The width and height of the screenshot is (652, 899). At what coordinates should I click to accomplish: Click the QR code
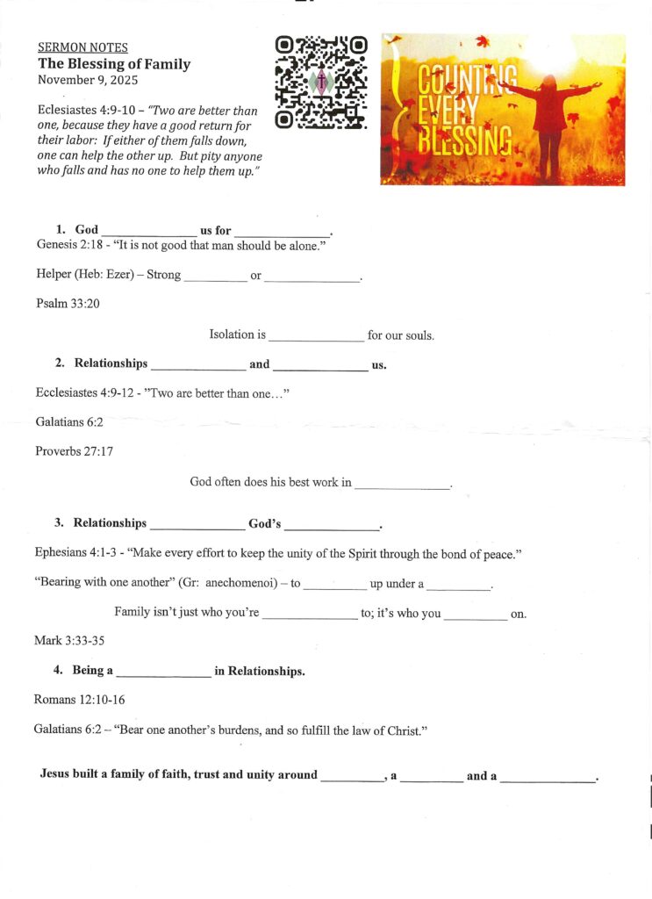(x=320, y=82)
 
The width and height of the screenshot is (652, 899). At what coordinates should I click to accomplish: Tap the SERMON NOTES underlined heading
(x=82, y=47)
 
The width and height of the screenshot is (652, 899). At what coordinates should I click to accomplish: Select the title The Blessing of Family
(x=114, y=64)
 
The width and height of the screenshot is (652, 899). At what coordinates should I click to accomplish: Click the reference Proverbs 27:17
(x=74, y=451)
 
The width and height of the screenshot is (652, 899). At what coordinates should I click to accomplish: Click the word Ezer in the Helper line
(x=125, y=275)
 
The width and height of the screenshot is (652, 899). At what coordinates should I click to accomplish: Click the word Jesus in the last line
(x=57, y=775)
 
